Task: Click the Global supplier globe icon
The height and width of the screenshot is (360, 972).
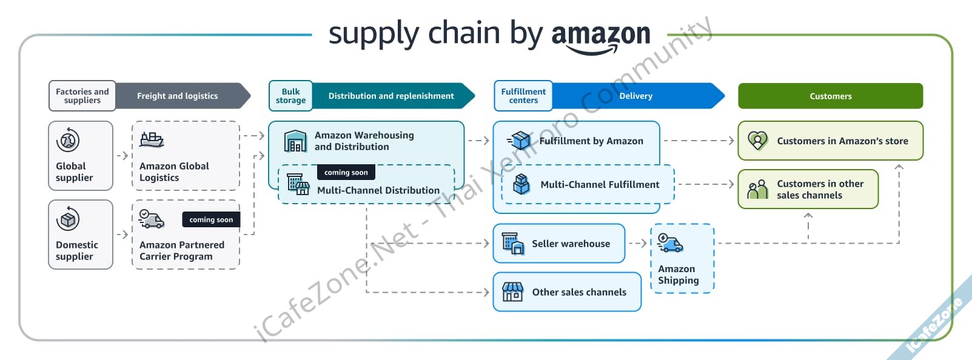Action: coord(68,140)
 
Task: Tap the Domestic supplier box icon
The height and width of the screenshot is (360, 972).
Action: coord(68,219)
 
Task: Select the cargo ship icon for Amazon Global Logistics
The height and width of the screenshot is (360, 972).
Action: coord(152,140)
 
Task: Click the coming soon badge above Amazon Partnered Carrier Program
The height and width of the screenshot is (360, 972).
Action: coord(211,219)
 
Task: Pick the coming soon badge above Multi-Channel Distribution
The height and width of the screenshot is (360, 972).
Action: coord(346,172)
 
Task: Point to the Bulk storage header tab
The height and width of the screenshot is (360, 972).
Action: coord(290,96)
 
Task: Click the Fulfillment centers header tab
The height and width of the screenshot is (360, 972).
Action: coord(523,96)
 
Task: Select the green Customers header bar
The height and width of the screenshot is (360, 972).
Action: coord(830,96)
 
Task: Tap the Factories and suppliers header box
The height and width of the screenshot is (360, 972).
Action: coord(82,96)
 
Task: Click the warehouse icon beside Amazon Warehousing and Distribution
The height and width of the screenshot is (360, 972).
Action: coord(296,141)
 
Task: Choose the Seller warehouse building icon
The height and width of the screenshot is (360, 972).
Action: coord(512,243)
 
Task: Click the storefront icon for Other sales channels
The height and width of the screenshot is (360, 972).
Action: coord(512,292)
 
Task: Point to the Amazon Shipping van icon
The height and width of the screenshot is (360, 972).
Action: coord(670,243)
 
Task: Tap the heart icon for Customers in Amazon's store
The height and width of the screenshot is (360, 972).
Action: coord(757,141)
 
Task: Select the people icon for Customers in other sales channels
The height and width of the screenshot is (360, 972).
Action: coord(757,189)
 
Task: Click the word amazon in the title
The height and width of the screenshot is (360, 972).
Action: coord(600,34)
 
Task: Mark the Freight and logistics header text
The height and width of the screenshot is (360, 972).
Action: coord(177,96)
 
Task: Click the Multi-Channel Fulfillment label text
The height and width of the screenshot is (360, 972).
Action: coord(600,184)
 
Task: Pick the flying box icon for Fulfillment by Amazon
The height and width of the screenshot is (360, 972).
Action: coord(520,141)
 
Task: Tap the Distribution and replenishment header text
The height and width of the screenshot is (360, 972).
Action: coord(391,96)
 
